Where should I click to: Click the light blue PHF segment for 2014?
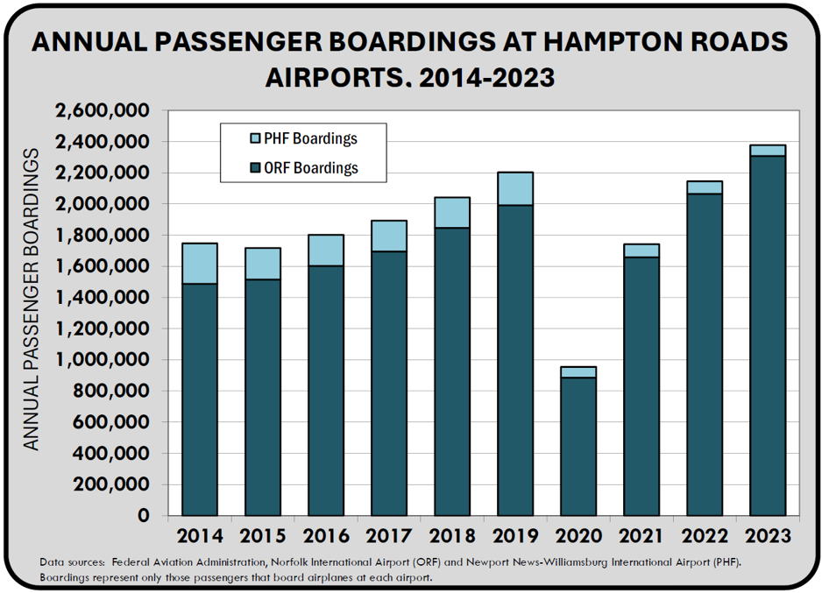tap(199, 263)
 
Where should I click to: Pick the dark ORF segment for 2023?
tap(767, 335)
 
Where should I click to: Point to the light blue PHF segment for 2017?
tap(388, 236)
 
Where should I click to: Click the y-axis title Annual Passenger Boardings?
tap(32, 300)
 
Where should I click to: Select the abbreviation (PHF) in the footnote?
tap(723, 561)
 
